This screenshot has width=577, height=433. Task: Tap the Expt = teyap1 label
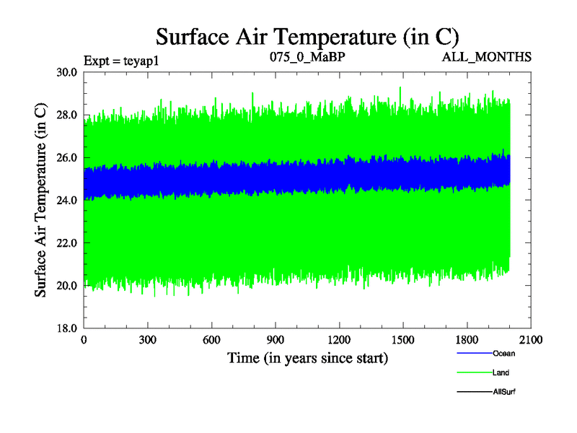tap(121, 60)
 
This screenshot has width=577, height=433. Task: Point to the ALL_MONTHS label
tap(487, 56)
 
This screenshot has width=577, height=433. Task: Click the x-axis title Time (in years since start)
tap(308, 358)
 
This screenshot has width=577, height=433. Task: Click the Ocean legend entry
tap(503, 354)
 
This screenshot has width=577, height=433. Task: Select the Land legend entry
tap(501, 373)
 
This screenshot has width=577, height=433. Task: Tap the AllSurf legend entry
tap(503, 392)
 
